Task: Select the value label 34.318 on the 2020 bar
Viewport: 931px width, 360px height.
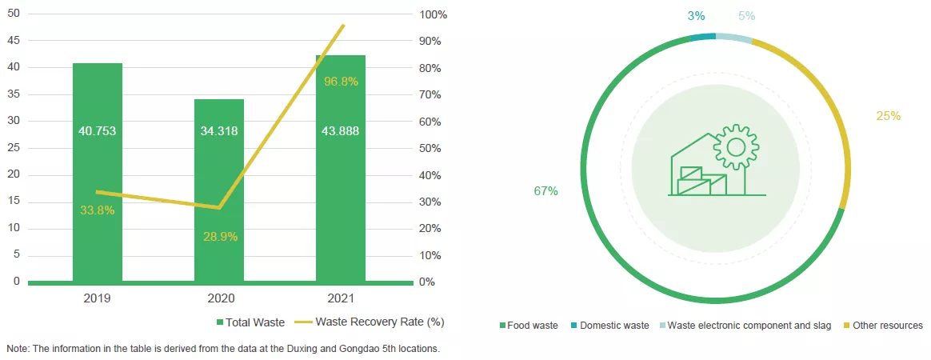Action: coord(219,130)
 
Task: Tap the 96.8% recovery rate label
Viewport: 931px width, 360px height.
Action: coord(341,82)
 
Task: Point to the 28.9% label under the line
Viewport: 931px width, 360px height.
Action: coord(219,237)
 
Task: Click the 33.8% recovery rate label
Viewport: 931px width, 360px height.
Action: coord(98,210)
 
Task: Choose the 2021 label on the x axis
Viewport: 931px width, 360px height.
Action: coord(341,298)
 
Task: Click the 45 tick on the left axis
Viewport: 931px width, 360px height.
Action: coord(14,41)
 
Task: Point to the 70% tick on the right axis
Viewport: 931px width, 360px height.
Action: coord(430,95)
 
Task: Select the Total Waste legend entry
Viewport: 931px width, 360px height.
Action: coord(251,322)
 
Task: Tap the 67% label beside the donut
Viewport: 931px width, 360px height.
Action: coord(545,191)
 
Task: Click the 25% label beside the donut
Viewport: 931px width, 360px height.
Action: coord(888,116)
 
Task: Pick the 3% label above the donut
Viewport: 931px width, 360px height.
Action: coord(696,16)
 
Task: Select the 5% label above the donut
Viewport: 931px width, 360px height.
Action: coord(746,16)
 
